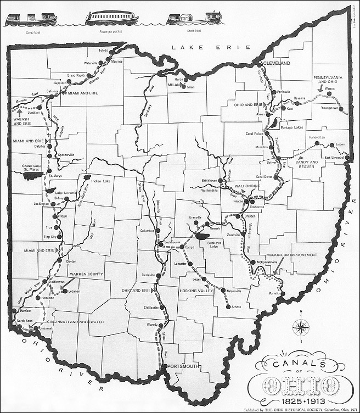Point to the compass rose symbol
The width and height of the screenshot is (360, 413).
301,328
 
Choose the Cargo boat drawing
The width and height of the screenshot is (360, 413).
30,18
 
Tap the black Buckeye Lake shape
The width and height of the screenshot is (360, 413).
204,236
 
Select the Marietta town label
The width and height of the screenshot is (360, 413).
273,293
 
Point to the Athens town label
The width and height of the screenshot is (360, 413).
236,306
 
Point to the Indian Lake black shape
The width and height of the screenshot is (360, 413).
86,178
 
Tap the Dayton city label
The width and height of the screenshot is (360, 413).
71,261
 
